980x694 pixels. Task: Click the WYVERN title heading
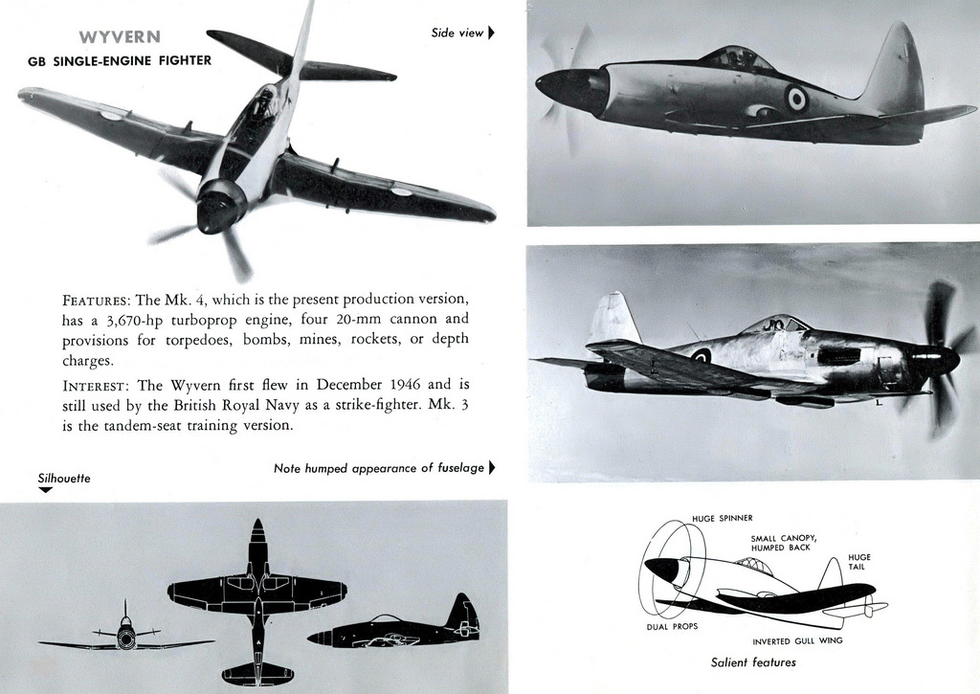(120, 37)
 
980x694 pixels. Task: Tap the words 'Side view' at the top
(457, 33)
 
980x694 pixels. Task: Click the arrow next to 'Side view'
(492, 33)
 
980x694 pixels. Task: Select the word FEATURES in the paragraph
(96, 299)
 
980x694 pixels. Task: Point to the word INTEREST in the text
(96, 386)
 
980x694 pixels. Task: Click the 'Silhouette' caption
(64, 478)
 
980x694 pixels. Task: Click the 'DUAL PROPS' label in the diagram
(672, 627)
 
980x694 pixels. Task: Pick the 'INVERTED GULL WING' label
(797, 640)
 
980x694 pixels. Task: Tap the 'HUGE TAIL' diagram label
(858, 561)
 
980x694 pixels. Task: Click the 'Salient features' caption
(753, 662)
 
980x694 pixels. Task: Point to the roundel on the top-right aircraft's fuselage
(796, 98)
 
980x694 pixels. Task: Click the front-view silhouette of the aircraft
(125, 636)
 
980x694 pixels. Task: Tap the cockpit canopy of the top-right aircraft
(737, 58)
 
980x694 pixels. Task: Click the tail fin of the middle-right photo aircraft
(612, 318)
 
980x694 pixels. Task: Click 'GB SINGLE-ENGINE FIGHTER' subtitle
(120, 60)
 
